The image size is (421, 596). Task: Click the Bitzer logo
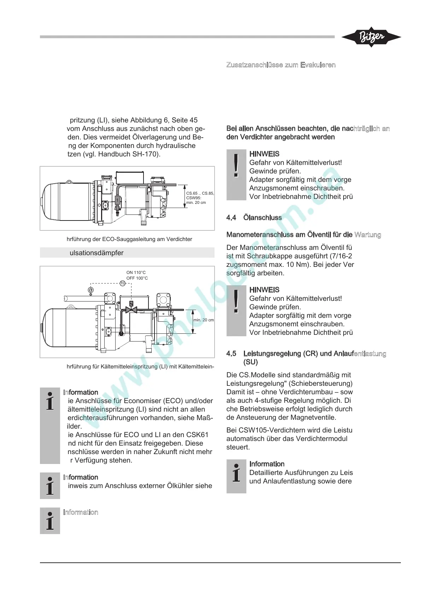tap(371, 37)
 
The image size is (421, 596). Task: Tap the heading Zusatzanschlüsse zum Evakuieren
tap(281, 65)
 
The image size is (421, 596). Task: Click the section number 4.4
tap(231, 218)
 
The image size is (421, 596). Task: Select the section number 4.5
tap(231, 354)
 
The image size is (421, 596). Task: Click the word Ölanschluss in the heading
tap(262, 218)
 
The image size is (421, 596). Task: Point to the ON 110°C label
tap(136, 273)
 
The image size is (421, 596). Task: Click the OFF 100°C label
tap(137, 278)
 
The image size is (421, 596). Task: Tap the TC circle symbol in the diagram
tap(122, 283)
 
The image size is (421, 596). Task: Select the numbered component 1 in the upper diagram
tap(117, 200)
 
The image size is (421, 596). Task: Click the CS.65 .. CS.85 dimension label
tap(200, 193)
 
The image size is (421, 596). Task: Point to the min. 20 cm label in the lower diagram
tap(204, 320)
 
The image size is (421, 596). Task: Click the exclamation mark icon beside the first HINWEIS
tap(236, 167)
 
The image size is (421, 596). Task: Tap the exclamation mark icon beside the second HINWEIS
tap(236, 303)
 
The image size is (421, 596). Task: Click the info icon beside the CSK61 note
tap(50, 401)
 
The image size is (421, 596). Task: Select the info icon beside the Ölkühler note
tap(50, 486)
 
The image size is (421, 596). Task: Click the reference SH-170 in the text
tap(145, 154)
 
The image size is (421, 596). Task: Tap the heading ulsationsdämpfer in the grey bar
tap(97, 253)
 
